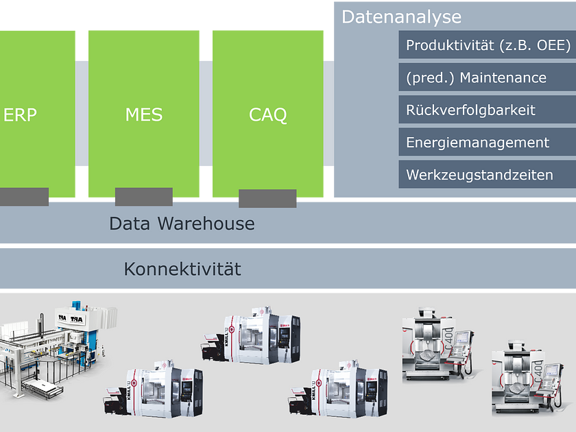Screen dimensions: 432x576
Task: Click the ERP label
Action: (20, 115)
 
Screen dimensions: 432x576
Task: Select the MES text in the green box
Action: (144, 115)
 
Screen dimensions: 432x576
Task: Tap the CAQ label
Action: (268, 115)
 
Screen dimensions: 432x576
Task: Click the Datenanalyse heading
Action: (401, 16)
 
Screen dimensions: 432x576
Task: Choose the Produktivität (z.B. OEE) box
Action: (488, 45)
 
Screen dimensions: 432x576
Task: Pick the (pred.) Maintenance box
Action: (488, 77)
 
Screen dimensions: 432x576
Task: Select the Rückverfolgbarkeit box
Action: (488, 110)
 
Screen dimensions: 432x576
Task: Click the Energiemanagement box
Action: (488, 143)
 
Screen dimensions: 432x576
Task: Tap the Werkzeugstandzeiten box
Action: (488, 175)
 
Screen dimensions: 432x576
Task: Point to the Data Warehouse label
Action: (182, 224)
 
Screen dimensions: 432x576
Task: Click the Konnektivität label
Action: (182, 269)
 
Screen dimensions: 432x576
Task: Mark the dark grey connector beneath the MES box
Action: (144, 197)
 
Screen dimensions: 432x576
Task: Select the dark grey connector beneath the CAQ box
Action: (267, 198)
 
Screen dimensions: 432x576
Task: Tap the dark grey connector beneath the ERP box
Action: (24, 196)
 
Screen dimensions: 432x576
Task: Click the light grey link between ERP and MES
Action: (82, 114)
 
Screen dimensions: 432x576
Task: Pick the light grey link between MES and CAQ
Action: (206, 114)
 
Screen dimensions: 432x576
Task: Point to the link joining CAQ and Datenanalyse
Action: (329, 114)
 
